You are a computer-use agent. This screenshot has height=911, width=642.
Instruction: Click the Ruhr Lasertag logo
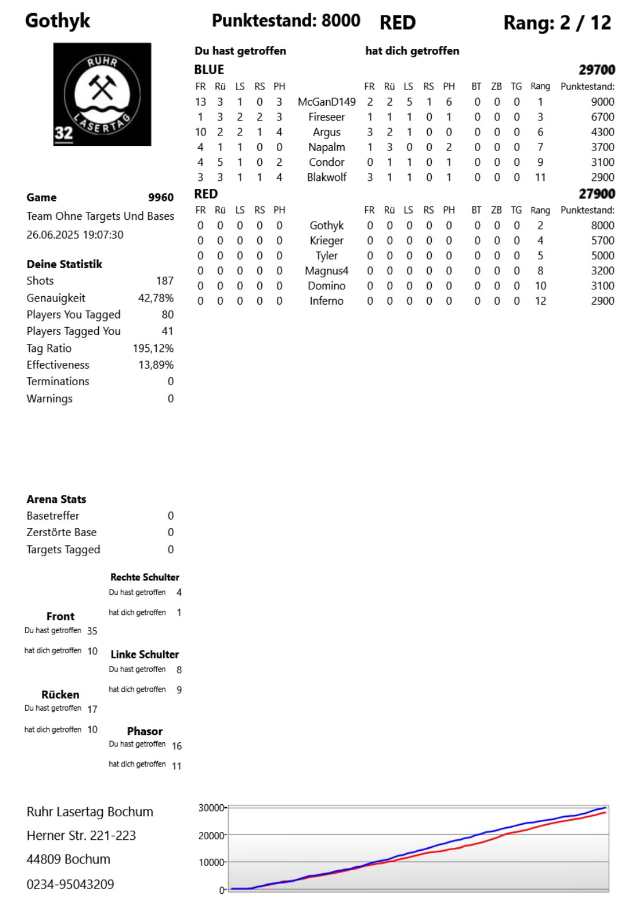(x=102, y=94)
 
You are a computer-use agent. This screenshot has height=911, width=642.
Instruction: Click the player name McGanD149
(x=326, y=102)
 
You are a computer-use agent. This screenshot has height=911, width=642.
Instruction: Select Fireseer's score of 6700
(x=602, y=117)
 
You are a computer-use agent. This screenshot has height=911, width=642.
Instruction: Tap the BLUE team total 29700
(x=597, y=70)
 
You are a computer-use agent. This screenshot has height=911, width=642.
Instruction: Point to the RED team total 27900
(x=597, y=194)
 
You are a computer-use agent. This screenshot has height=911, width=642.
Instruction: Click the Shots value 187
(x=164, y=281)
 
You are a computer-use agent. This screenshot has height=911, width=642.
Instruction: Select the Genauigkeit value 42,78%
(x=156, y=298)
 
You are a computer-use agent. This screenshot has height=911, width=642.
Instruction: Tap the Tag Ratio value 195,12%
(x=153, y=348)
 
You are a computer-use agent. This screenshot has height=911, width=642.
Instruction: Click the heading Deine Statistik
(x=64, y=264)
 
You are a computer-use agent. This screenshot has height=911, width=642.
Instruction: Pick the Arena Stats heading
(x=56, y=499)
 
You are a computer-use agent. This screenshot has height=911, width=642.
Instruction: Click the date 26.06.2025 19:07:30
(x=75, y=235)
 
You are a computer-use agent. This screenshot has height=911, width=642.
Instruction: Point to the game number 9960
(x=161, y=197)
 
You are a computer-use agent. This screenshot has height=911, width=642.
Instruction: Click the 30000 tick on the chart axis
(x=211, y=808)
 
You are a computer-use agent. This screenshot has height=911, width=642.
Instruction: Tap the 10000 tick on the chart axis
(x=211, y=862)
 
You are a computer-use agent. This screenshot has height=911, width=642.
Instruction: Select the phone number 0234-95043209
(x=70, y=884)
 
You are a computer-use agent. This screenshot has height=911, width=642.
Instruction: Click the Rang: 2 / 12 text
(x=557, y=23)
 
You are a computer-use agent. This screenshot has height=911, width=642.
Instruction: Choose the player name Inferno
(x=326, y=301)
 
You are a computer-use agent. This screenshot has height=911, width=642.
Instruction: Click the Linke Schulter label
(x=145, y=654)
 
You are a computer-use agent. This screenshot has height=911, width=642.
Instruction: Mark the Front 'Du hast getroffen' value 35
(x=92, y=631)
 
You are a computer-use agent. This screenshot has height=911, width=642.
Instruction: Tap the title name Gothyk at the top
(x=57, y=21)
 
